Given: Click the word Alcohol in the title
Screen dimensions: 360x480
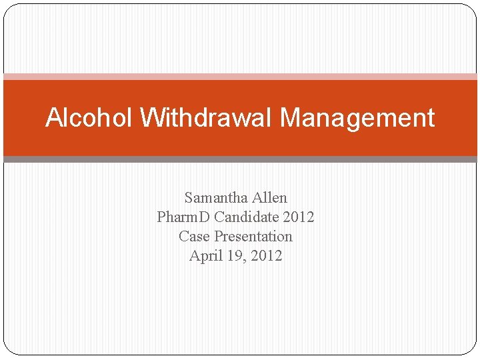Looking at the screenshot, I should pyautogui.click(x=90, y=118).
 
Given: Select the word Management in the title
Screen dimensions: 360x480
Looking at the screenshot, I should pyautogui.click(x=357, y=118).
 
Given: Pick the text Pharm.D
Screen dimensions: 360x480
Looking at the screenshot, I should pyautogui.click(x=181, y=217).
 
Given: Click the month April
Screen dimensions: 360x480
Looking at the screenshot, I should pyautogui.click(x=204, y=256).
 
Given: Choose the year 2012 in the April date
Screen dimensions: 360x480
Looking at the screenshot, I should pyautogui.click(x=266, y=256).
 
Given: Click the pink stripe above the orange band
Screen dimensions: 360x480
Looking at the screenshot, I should pyautogui.click(x=240, y=77).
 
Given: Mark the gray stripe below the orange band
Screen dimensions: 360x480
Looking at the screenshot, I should pyautogui.click(x=240, y=159).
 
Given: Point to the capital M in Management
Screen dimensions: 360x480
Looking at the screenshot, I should pyautogui.click(x=291, y=118).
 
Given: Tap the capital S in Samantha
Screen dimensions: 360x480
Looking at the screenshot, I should pyautogui.click(x=189, y=198).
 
